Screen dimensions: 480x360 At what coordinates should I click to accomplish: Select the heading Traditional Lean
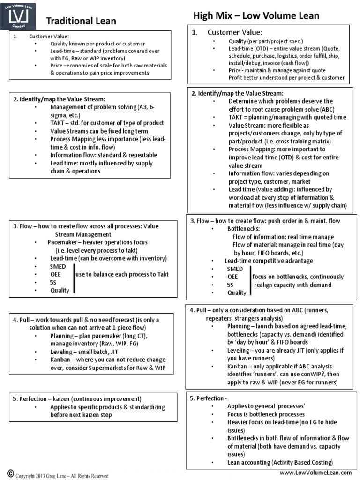(81, 21)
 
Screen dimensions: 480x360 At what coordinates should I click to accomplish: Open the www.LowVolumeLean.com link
(315, 473)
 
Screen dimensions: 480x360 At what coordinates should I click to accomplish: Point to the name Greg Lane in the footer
(59, 476)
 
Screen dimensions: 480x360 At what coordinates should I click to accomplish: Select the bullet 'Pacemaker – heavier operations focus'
(97, 242)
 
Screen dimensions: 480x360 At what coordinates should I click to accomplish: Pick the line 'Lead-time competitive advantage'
(269, 261)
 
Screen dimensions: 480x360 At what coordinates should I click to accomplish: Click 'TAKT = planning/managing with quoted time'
(287, 117)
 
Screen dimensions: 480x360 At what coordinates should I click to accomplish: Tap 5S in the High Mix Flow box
(230, 285)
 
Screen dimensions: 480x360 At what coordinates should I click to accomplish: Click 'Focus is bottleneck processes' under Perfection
(266, 414)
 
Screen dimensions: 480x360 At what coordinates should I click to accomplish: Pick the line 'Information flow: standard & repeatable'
(104, 155)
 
